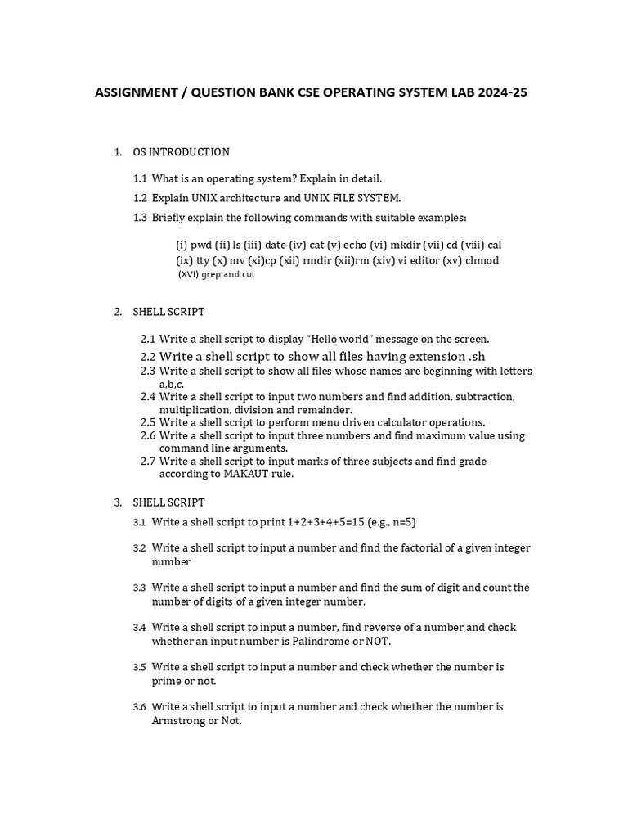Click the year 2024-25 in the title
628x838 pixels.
click(x=500, y=92)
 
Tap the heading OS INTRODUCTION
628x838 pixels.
click(x=181, y=152)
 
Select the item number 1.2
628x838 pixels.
click(x=140, y=198)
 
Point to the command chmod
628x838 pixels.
click(x=482, y=260)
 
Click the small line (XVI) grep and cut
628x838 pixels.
click(x=217, y=275)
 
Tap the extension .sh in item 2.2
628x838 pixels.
click(x=476, y=357)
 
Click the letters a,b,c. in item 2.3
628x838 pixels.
click(x=172, y=384)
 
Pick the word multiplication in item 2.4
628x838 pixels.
click(x=195, y=409)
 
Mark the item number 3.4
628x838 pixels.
click(x=139, y=628)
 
